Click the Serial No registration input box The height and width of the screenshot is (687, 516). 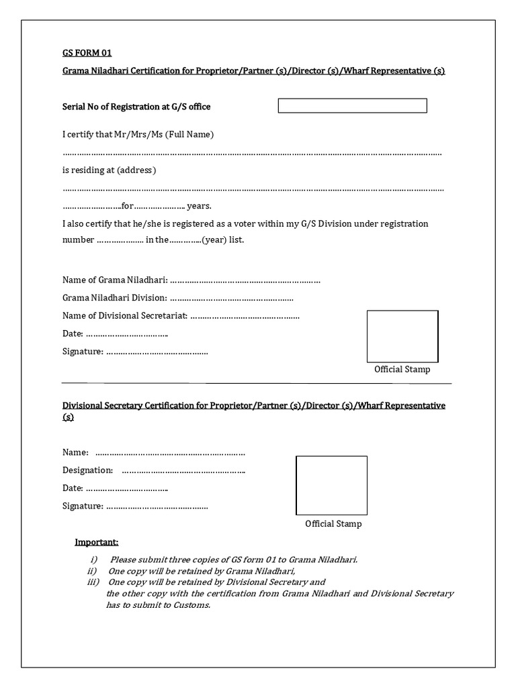pyautogui.click(x=352, y=106)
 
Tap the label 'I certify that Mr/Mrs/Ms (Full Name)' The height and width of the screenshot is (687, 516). pyautogui.click(x=138, y=135)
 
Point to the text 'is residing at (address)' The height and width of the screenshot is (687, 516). pyautogui.click(x=109, y=170)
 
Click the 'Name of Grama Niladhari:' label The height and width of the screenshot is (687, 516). pyautogui.click(x=115, y=280)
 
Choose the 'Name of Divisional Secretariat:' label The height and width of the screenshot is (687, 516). pyautogui.click(x=125, y=315)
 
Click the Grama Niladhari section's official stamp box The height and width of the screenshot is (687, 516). pyautogui.click(x=402, y=336)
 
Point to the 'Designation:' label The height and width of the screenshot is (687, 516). pyautogui.click(x=87, y=470)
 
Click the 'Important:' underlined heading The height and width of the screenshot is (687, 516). pyautogui.click(x=96, y=542)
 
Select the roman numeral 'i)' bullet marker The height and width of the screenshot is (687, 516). pyautogui.click(x=94, y=560)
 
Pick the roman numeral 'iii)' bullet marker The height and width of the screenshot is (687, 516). pyautogui.click(x=93, y=582)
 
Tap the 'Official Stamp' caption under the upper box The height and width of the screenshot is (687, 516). pyautogui.click(x=402, y=370)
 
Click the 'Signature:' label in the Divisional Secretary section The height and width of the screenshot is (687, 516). pyautogui.click(x=83, y=506)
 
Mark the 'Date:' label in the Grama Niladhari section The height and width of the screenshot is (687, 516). pyautogui.click(x=73, y=333)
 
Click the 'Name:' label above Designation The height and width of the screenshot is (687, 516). pyautogui.click(x=75, y=453)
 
